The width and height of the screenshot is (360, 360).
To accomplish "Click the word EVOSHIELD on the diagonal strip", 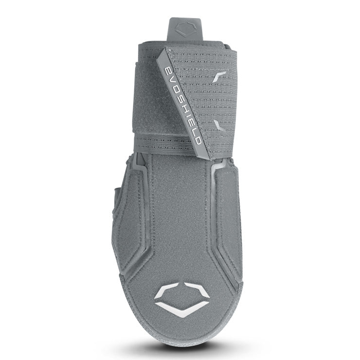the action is click(x=182, y=106).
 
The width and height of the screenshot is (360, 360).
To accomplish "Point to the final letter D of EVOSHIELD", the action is click(x=198, y=141).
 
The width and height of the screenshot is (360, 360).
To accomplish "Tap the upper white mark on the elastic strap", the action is click(x=219, y=77).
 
